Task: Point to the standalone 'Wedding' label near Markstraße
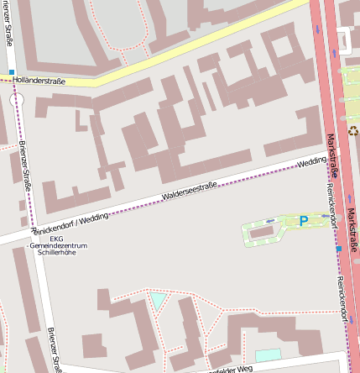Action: pos(311,160)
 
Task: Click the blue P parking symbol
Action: pos(304,221)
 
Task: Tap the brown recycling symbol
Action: pos(353,130)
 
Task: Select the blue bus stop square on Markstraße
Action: pos(338,249)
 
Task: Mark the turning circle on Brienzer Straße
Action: pos(17,99)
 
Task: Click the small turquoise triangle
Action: pos(158,300)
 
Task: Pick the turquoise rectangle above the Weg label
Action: pos(268,355)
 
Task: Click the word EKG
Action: pos(56,238)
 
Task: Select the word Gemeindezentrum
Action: pos(58,245)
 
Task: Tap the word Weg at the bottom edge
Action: pos(244,369)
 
